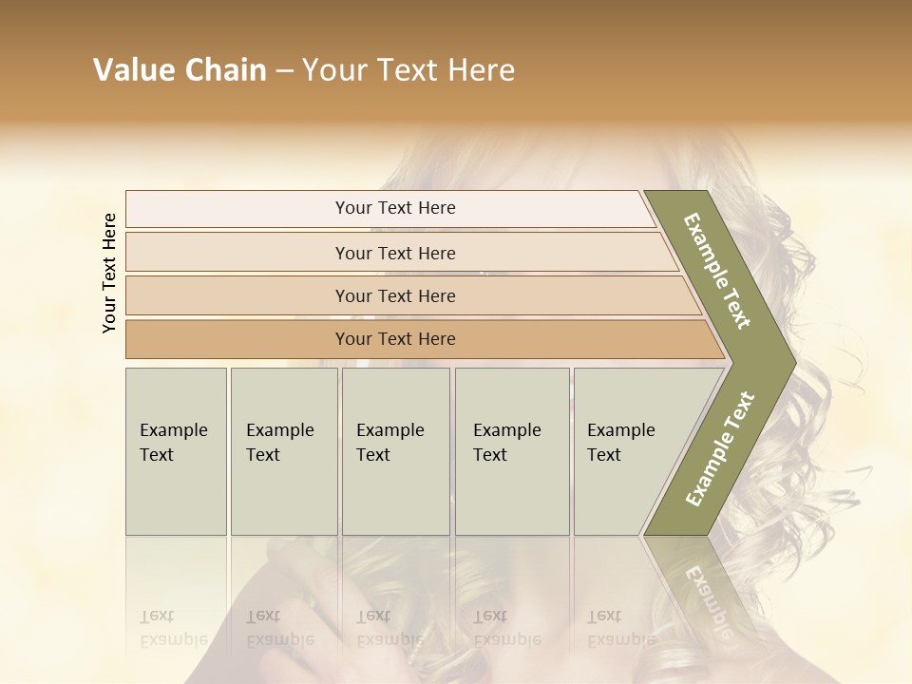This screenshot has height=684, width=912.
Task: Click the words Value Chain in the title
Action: click(180, 70)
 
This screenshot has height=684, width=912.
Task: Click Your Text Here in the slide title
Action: click(408, 70)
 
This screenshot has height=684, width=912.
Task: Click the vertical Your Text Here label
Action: click(109, 273)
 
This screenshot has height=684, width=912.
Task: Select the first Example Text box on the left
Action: click(176, 451)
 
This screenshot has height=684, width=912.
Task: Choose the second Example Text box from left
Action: click(284, 451)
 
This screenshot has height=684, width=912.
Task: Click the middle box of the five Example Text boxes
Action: click(395, 451)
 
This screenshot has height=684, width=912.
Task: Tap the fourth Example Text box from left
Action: click(512, 451)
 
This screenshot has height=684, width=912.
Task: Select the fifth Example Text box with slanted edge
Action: click(627, 451)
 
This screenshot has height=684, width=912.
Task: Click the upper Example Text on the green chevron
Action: click(717, 271)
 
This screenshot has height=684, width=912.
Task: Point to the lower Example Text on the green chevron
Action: click(719, 448)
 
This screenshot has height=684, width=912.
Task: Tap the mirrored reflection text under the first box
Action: click(173, 628)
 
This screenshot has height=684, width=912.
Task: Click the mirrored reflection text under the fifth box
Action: click(621, 628)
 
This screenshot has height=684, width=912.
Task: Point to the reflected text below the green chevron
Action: click(706, 594)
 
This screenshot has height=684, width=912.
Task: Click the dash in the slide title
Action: click(284, 71)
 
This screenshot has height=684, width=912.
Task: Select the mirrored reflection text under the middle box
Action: click(389, 628)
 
